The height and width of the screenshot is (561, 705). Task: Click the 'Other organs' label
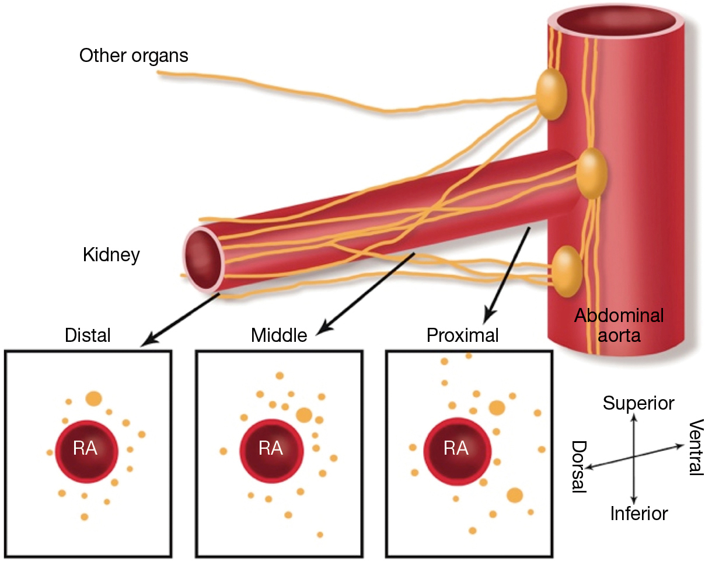click(x=134, y=56)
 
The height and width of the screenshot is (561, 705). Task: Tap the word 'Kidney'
click(x=111, y=255)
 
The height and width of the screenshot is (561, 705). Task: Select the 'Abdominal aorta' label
click(x=619, y=325)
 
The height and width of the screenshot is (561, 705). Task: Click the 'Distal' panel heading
click(x=88, y=335)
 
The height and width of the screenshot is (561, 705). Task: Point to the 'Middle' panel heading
click(x=279, y=335)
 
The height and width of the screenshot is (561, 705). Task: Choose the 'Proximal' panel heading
click(x=463, y=335)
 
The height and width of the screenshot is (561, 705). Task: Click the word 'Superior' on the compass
click(x=638, y=403)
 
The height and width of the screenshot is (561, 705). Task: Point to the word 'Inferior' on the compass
click(x=638, y=514)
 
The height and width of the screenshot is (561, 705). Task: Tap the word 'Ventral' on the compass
click(x=695, y=447)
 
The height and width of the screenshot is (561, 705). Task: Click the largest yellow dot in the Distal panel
click(x=93, y=399)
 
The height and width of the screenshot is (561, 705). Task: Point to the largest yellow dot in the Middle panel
click(x=303, y=415)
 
